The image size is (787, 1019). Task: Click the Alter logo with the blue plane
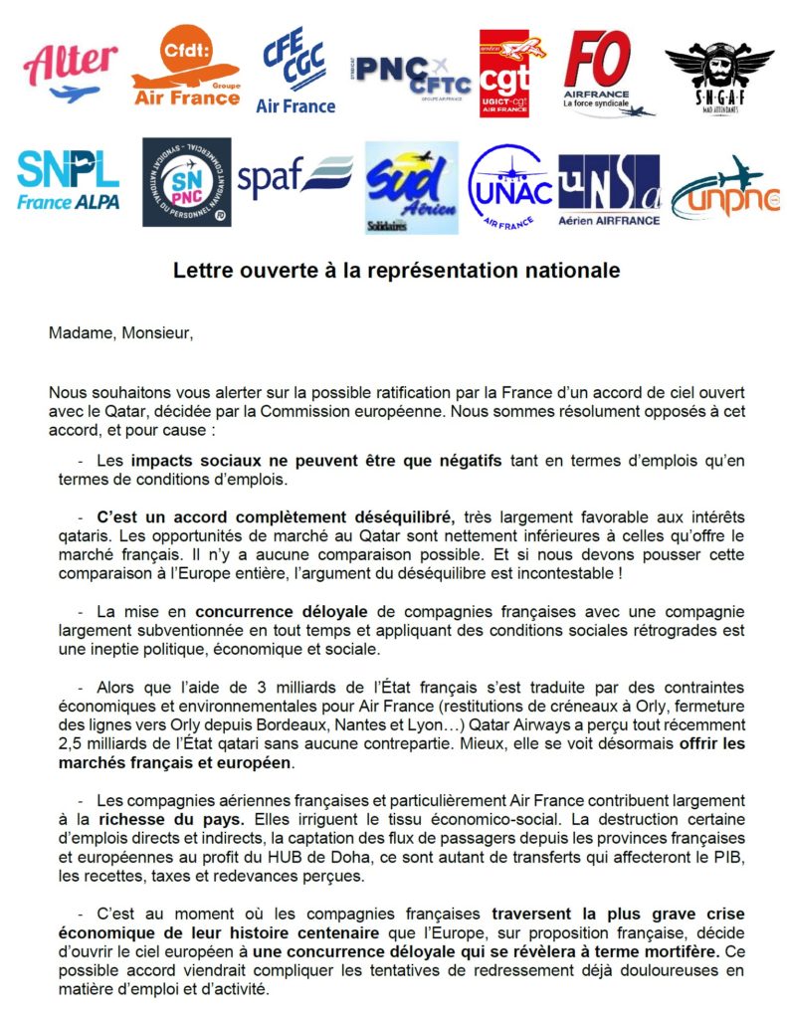tap(69, 73)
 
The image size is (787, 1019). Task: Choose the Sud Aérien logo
tap(411, 186)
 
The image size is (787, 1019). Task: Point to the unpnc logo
tap(717, 189)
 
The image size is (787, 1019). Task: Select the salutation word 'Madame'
tap(80, 332)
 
